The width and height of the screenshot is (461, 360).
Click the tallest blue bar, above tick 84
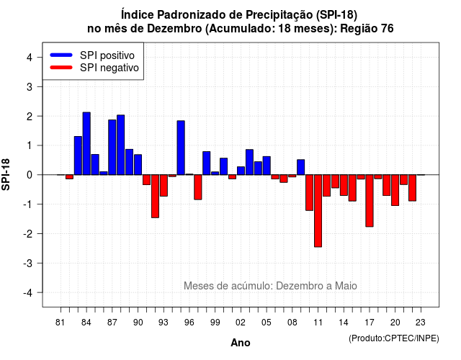[x=86, y=143]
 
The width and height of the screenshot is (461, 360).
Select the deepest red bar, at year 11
[x=318, y=211]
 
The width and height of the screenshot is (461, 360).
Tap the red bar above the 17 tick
[x=370, y=201]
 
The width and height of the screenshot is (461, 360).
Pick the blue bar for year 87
[x=112, y=147]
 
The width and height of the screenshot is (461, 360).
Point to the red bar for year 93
[x=164, y=186]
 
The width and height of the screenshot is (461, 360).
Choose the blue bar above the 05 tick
[x=267, y=166]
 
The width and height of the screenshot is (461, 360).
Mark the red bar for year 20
[x=395, y=190]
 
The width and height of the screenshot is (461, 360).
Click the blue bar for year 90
[x=138, y=165]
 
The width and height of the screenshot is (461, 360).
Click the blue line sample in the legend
[x=61, y=55]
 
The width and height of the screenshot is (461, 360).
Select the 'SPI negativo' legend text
[x=109, y=68]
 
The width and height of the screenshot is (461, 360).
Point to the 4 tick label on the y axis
[x=30, y=57]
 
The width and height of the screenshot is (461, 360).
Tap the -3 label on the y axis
[x=27, y=263]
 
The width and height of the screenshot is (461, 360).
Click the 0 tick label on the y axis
[x=30, y=175]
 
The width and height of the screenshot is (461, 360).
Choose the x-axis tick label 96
[x=189, y=323]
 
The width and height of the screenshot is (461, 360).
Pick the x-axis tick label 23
[x=421, y=323]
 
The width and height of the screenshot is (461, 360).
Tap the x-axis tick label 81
[x=60, y=323]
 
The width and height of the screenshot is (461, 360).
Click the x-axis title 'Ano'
[x=241, y=343]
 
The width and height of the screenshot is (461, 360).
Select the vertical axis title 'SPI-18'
[x=6, y=174]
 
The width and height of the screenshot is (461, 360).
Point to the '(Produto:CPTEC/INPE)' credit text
[x=394, y=338]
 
